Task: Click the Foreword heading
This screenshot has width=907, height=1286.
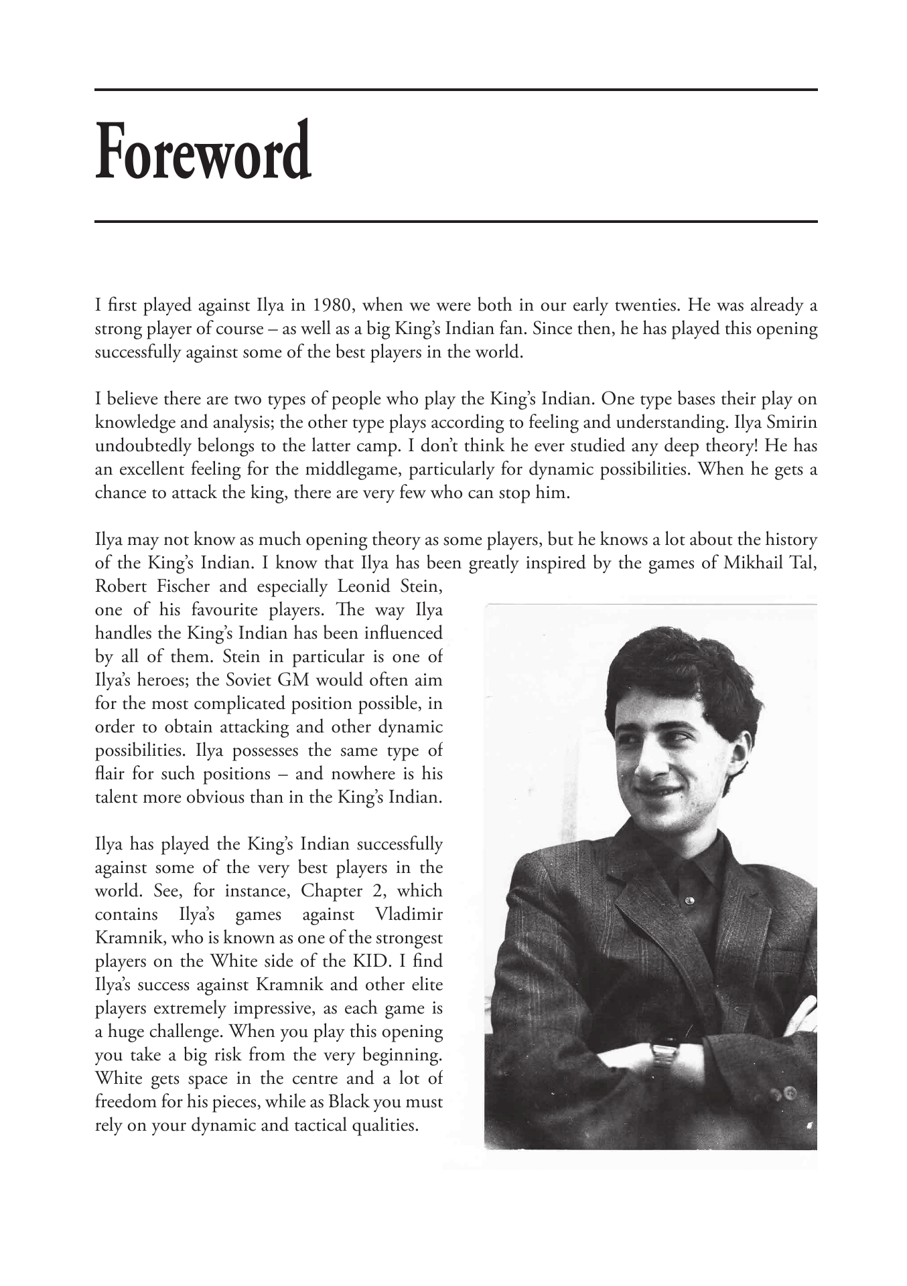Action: click(203, 151)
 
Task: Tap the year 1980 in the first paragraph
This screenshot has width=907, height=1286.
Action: click(329, 307)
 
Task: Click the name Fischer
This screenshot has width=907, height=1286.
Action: click(181, 586)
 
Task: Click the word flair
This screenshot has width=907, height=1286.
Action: click(110, 774)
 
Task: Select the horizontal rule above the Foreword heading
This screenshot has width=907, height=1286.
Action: click(456, 90)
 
